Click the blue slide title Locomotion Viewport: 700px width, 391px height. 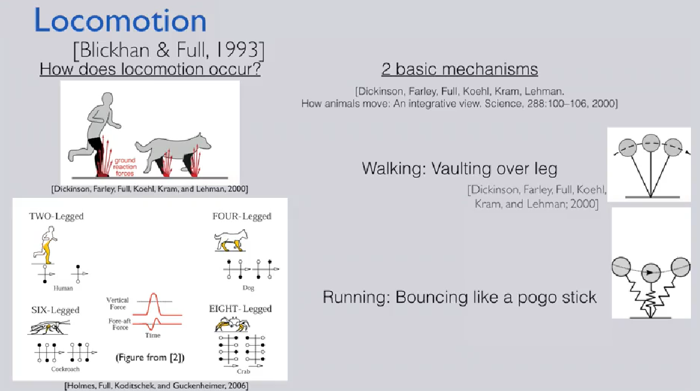[120, 21]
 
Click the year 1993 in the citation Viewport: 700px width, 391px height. [238, 49]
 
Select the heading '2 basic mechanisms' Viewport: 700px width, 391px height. [459, 69]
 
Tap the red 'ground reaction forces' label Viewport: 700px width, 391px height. [125, 167]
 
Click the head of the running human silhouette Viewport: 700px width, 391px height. [107, 99]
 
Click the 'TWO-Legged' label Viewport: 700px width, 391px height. [56, 216]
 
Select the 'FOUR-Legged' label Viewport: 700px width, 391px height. [242, 216]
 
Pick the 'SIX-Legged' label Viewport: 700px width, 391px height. [55, 310]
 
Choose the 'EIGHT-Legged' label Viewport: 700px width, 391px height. [240, 309]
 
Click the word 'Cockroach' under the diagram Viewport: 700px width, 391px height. [65, 369]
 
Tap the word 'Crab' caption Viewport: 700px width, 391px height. [244, 371]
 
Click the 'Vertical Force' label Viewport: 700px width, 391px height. [118, 304]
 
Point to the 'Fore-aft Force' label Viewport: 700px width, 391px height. [119, 324]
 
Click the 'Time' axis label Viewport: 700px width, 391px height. [153, 335]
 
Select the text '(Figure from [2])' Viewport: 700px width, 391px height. [150, 357]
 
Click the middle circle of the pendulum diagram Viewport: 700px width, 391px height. [651, 143]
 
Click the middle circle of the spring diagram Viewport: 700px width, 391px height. [651, 273]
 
